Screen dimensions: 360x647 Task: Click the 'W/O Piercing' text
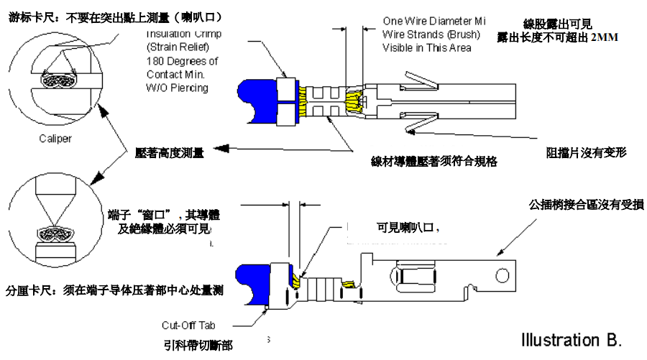point(178,88)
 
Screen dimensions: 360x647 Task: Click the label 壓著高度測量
point(170,152)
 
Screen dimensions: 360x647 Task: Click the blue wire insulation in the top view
point(257,101)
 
